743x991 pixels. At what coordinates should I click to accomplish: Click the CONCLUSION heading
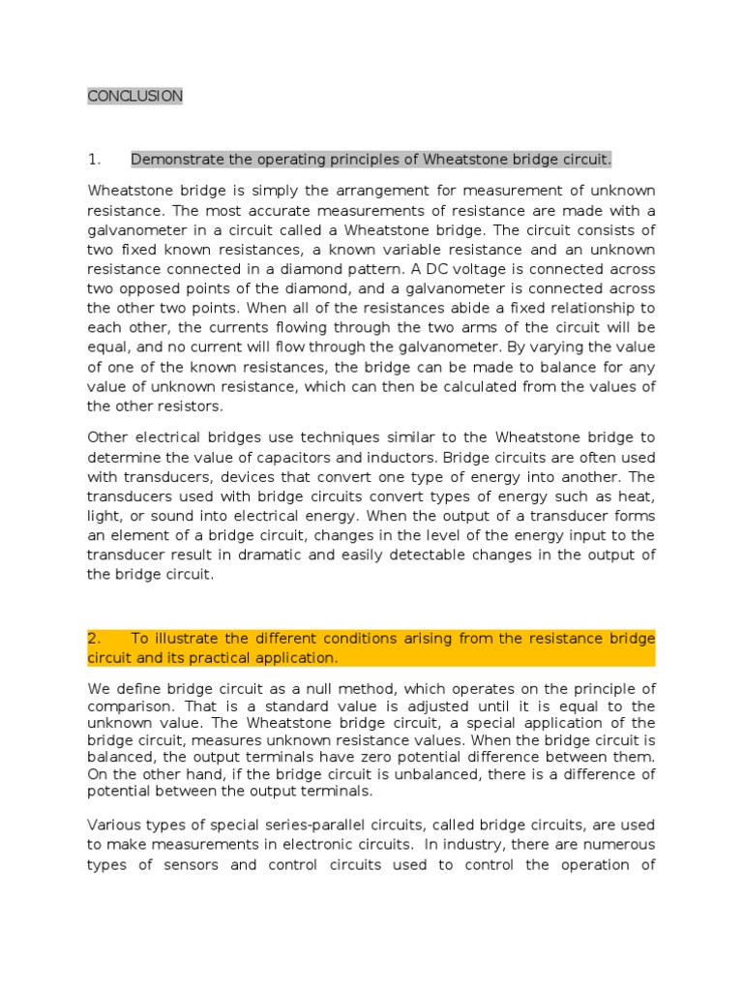pos(134,96)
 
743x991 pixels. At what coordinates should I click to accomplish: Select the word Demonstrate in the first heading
pos(178,159)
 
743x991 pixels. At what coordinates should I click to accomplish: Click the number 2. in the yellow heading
pos(94,639)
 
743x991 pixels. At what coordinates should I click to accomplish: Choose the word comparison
pos(126,706)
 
